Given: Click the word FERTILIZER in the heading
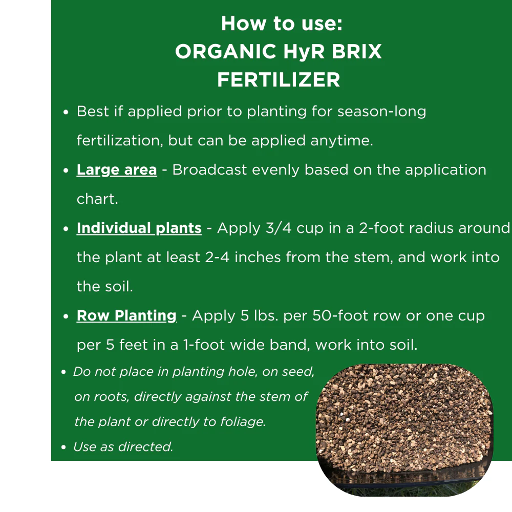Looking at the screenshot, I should [x=279, y=80].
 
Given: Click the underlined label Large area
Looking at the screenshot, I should [x=117, y=170].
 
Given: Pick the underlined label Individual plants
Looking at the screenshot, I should [x=139, y=228].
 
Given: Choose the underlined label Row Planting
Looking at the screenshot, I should [x=126, y=316].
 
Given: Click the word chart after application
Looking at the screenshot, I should [x=97, y=199].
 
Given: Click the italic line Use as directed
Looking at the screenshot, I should [x=123, y=447].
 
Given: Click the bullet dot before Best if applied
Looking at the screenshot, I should [x=66, y=113].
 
